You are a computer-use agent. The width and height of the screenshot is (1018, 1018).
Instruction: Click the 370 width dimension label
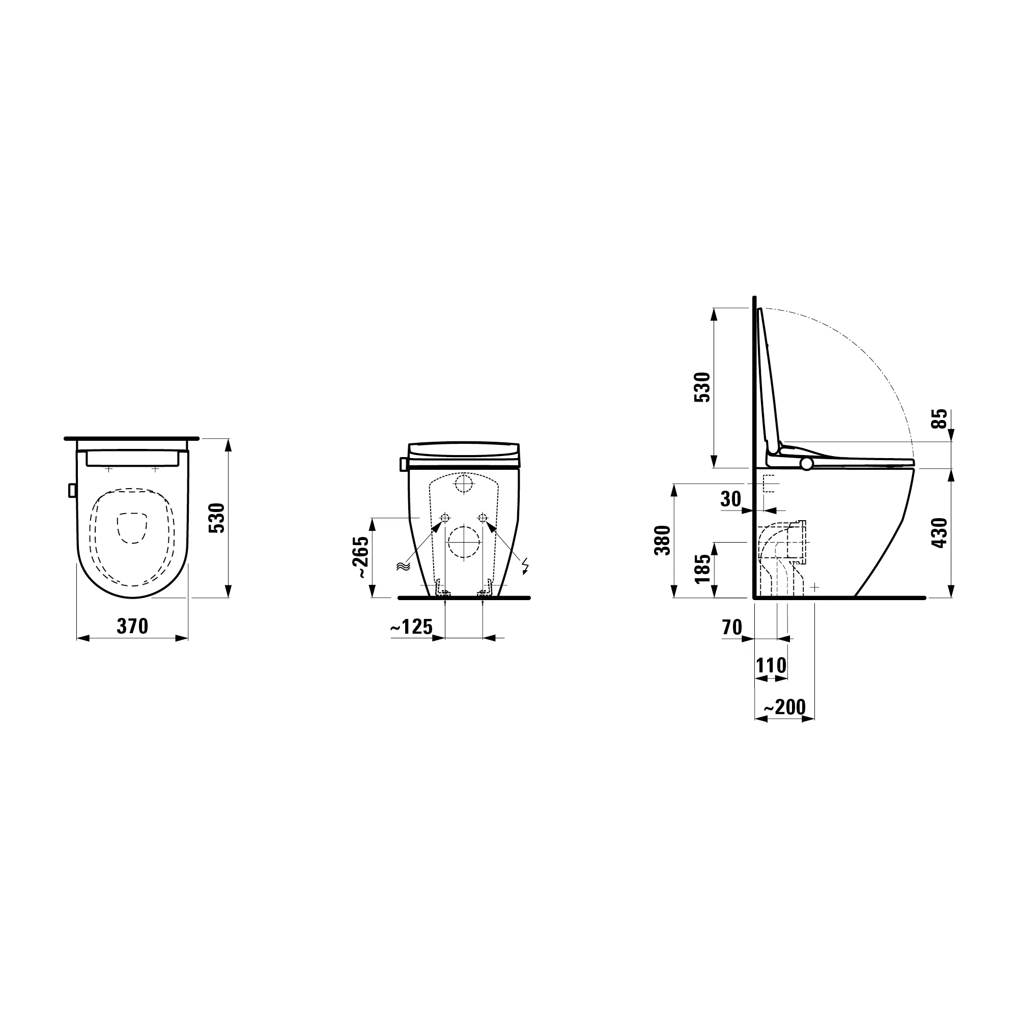pyautogui.click(x=132, y=627)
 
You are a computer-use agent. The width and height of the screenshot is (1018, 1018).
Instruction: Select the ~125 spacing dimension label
pyautogui.click(x=411, y=627)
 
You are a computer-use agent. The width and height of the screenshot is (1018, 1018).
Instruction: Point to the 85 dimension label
pyautogui.click(x=940, y=419)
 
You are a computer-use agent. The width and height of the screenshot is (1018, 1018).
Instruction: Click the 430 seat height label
pyautogui.click(x=940, y=533)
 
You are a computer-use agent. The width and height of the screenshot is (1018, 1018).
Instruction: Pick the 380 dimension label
pyautogui.click(x=663, y=540)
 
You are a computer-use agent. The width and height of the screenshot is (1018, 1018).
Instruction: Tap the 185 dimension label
pyautogui.click(x=703, y=569)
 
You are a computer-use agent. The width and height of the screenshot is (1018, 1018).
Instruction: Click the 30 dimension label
pyautogui.click(x=731, y=498)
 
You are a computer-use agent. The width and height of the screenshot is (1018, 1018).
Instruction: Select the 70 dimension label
pyautogui.click(x=732, y=628)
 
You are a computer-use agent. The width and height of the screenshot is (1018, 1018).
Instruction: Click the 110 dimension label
pyautogui.click(x=772, y=665)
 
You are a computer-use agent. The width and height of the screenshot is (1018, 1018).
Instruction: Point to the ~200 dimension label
pyautogui.click(x=784, y=707)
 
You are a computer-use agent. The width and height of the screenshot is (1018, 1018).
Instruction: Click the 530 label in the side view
pyautogui.click(x=703, y=387)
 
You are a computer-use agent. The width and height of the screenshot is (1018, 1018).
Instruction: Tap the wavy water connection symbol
pyautogui.click(x=403, y=567)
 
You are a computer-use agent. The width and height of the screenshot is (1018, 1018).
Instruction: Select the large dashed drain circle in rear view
pyautogui.click(x=464, y=542)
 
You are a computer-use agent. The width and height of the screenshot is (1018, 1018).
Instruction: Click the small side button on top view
pyautogui.click(x=72, y=490)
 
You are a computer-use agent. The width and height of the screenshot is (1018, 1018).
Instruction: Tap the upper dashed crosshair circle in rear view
pyautogui.click(x=464, y=483)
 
